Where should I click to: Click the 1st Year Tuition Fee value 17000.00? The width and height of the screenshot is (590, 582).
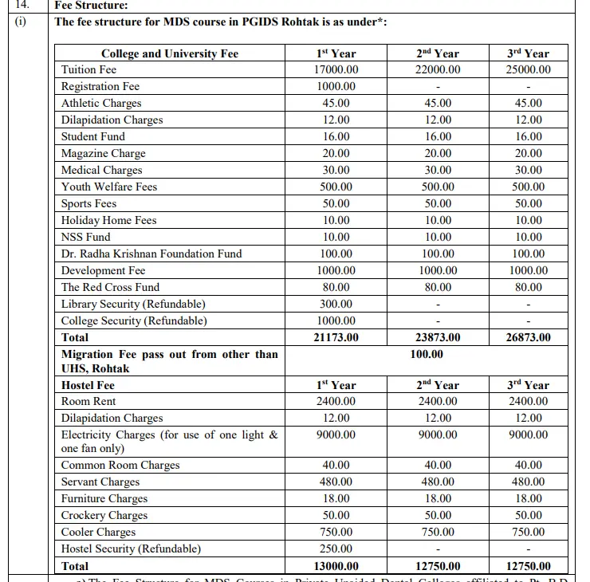336,70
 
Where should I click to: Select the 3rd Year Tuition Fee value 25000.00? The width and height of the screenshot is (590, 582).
528,70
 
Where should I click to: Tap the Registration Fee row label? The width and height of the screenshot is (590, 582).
100,87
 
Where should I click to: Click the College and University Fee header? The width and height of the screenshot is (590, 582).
169,53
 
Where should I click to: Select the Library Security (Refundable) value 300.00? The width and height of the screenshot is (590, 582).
336,305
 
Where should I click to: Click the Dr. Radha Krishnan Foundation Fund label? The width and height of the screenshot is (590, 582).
151,254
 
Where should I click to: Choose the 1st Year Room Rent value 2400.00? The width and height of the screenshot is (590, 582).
336,402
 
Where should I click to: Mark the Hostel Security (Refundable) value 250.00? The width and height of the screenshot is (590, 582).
336,549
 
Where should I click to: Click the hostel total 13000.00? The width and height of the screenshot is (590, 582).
336,567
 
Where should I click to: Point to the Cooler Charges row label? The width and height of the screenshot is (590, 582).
98,533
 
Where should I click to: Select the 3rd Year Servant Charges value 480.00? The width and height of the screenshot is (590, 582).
528,482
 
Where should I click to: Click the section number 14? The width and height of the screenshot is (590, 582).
22,5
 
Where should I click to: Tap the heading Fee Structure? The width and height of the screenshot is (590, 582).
91,5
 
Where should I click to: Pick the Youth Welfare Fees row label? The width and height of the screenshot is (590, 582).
109,187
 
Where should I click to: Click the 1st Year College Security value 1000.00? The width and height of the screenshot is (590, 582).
336,321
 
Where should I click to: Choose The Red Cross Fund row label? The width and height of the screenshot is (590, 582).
110,288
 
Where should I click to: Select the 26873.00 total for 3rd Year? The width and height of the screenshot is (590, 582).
528,338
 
